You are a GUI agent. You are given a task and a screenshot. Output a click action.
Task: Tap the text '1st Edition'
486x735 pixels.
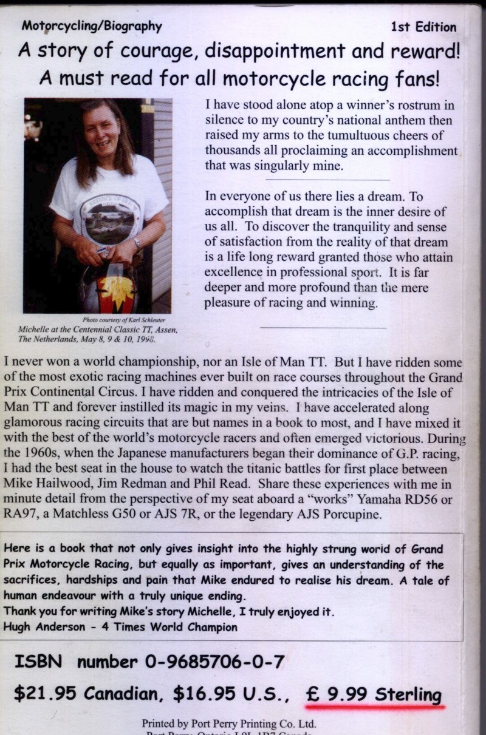tap(424, 27)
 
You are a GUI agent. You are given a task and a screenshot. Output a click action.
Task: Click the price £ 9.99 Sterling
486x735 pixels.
tap(374, 694)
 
